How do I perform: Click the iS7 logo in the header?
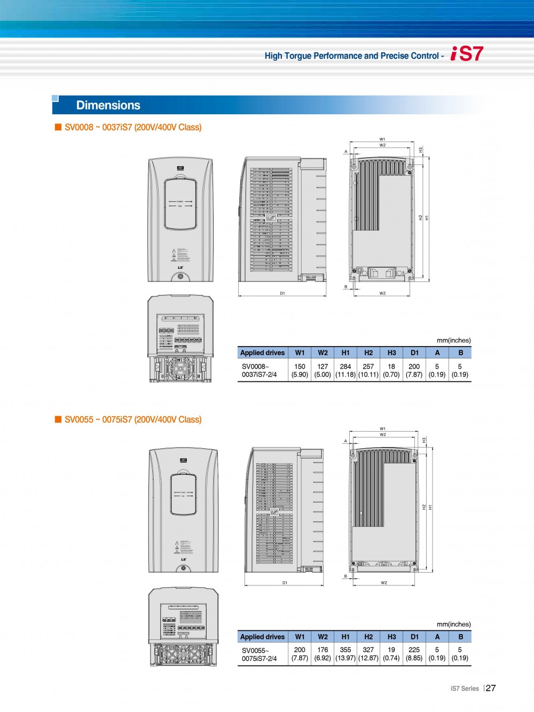[x=467, y=54]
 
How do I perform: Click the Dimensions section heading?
[x=108, y=105]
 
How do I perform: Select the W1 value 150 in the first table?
[x=300, y=366]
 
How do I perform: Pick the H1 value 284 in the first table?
[x=345, y=366]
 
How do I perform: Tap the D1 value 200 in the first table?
[x=414, y=366]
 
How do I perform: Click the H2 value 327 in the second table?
[x=368, y=650]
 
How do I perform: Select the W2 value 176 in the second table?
[x=323, y=650]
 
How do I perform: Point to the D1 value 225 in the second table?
[x=414, y=650]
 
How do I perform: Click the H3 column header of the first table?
[x=391, y=353]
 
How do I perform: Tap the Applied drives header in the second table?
[x=262, y=637]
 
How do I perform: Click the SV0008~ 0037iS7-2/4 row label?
[x=259, y=371]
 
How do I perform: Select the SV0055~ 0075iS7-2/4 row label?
[x=259, y=654]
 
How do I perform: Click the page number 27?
[x=491, y=688]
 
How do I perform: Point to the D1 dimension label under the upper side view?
[x=282, y=293]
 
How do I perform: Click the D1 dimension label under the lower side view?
[x=285, y=583]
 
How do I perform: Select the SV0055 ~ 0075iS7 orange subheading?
[x=133, y=420]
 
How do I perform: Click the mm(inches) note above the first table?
[x=453, y=340]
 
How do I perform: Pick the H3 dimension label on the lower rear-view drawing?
[x=424, y=440]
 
